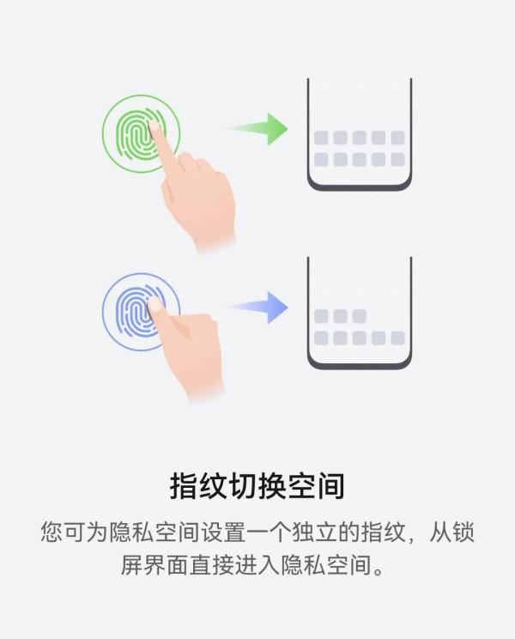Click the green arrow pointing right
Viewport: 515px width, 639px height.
tap(261, 129)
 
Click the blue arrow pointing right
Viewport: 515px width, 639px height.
tap(261, 307)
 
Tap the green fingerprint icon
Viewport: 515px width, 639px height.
tap(136, 134)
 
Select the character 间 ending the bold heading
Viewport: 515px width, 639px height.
tap(330, 486)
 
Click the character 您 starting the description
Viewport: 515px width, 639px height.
tap(51, 532)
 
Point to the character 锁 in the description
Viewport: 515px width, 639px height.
tap(463, 532)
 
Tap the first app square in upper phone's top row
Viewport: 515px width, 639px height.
tap(321, 137)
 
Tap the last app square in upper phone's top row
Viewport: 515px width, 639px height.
tap(397, 137)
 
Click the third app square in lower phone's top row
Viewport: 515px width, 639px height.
tap(360, 316)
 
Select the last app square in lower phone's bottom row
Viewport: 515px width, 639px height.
tap(397, 338)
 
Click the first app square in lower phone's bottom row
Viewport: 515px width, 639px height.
tap(321, 338)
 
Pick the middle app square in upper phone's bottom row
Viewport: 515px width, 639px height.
tap(360, 160)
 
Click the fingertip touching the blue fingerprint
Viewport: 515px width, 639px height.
tap(154, 304)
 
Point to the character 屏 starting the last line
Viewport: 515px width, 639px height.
tap(131, 564)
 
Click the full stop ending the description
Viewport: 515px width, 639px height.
tap(379, 570)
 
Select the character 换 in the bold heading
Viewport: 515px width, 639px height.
tap(272, 486)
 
